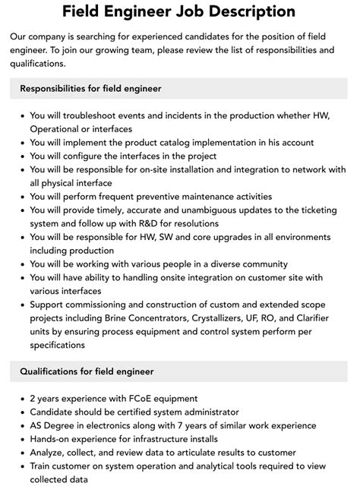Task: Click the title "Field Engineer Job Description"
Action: tap(179, 11)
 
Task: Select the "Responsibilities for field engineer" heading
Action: tap(90, 88)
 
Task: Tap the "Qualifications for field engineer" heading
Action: tap(87, 371)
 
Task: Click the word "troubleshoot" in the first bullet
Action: tap(85, 115)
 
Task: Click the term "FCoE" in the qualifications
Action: tap(134, 398)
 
